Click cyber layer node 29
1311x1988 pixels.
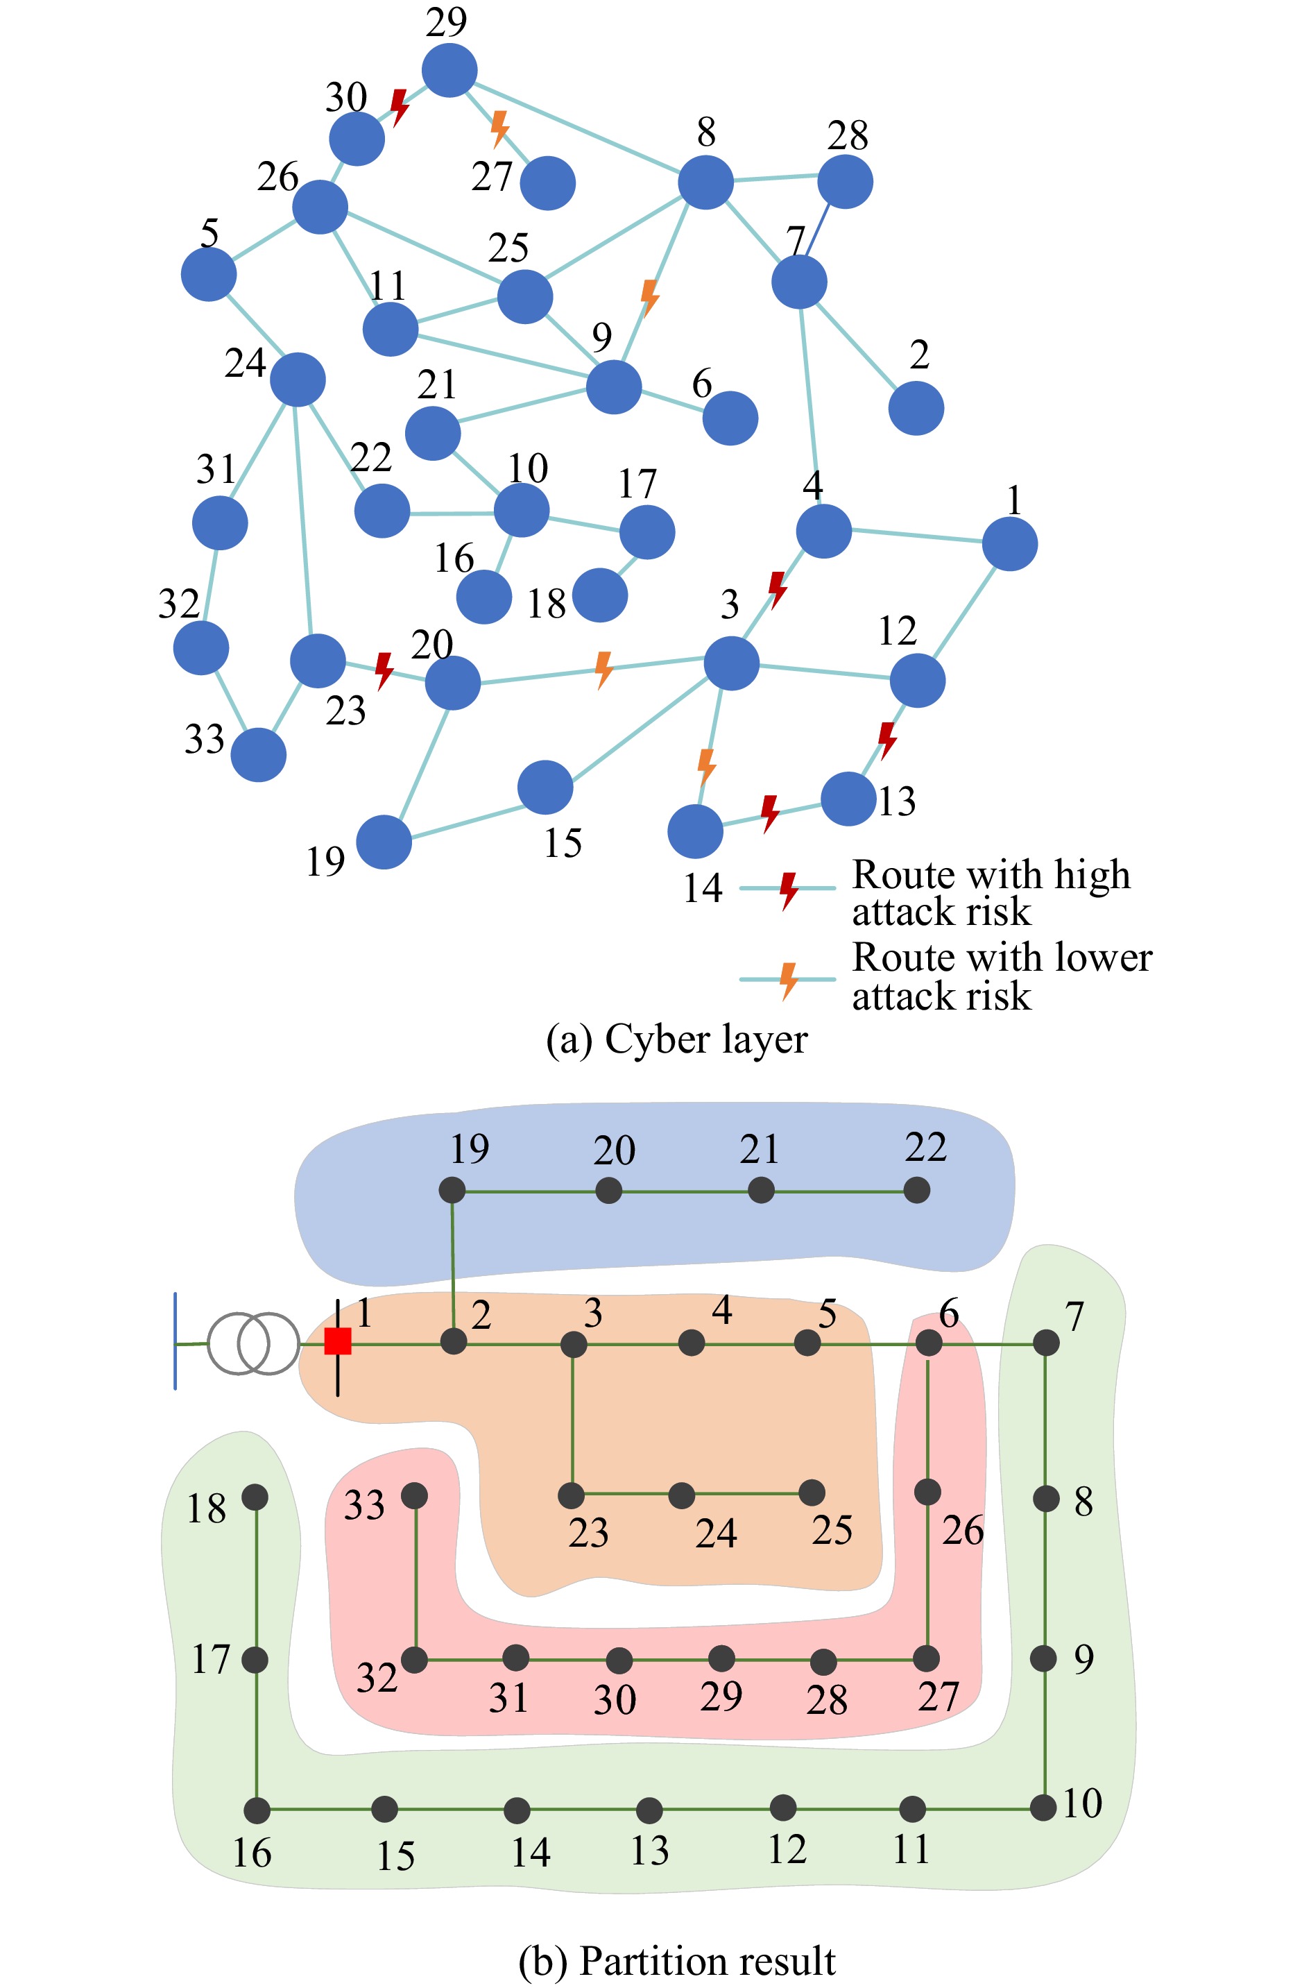[x=449, y=70]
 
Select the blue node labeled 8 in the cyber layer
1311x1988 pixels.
[x=705, y=182]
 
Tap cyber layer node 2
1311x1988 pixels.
[x=916, y=408]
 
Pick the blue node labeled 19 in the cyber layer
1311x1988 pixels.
[x=384, y=842]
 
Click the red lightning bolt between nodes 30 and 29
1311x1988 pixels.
[x=400, y=107]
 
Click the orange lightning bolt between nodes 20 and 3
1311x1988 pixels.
[x=603, y=670]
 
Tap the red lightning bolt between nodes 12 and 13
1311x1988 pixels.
[x=886, y=739]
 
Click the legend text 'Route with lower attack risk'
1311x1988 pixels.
[x=1001, y=976]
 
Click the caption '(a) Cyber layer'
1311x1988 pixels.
[x=676, y=1039]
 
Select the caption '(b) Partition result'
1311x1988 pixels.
[x=676, y=1961]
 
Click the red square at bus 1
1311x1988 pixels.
[x=338, y=1341]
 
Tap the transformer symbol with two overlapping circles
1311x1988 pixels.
[x=252, y=1343]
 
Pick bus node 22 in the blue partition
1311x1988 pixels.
[x=916, y=1189]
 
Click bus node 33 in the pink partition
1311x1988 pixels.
[x=415, y=1495]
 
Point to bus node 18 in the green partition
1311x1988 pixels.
[x=255, y=1497]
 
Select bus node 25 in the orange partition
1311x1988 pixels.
[x=811, y=1492]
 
